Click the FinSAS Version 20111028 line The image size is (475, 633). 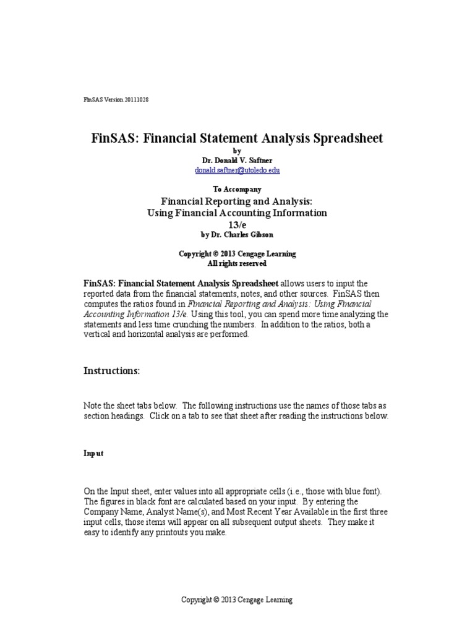[116, 100]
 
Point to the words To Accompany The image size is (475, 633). [237, 189]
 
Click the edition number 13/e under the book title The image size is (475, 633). [237, 224]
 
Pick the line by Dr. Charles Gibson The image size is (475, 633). [237, 235]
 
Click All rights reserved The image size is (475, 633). [237, 263]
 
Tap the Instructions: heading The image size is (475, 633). [112, 371]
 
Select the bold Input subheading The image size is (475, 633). [94, 453]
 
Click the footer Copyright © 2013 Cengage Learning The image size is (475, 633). [237, 600]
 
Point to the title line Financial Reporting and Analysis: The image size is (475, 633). [237, 202]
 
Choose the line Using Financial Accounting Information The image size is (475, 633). [237, 213]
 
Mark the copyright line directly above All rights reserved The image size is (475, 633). [237, 253]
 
